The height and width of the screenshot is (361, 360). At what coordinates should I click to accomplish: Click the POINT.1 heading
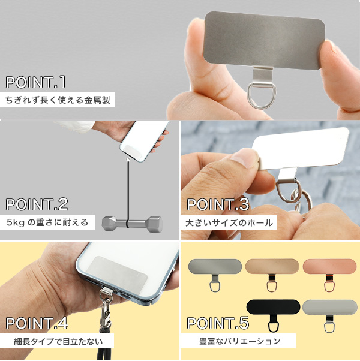[x=35, y=82]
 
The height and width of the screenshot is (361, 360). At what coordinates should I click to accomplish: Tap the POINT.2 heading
[x=37, y=204]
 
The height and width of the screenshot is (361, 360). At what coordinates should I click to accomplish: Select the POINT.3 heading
[x=218, y=204]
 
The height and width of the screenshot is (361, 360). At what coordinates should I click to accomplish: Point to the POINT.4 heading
[x=37, y=323]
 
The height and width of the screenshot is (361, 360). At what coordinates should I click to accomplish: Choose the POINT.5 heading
[x=218, y=323]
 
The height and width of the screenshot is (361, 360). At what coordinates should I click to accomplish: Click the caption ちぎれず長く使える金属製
[x=58, y=100]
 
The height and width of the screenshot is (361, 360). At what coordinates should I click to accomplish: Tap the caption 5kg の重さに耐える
[x=47, y=222]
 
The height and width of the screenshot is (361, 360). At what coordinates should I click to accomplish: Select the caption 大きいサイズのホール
[x=229, y=223]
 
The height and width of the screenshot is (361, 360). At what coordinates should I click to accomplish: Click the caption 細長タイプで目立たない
[x=58, y=341]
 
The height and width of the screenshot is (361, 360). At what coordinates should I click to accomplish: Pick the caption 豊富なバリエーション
[x=240, y=341]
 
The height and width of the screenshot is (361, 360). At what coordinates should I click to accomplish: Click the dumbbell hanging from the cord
[x=132, y=223]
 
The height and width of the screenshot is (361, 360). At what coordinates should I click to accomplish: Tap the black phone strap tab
[x=273, y=315]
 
